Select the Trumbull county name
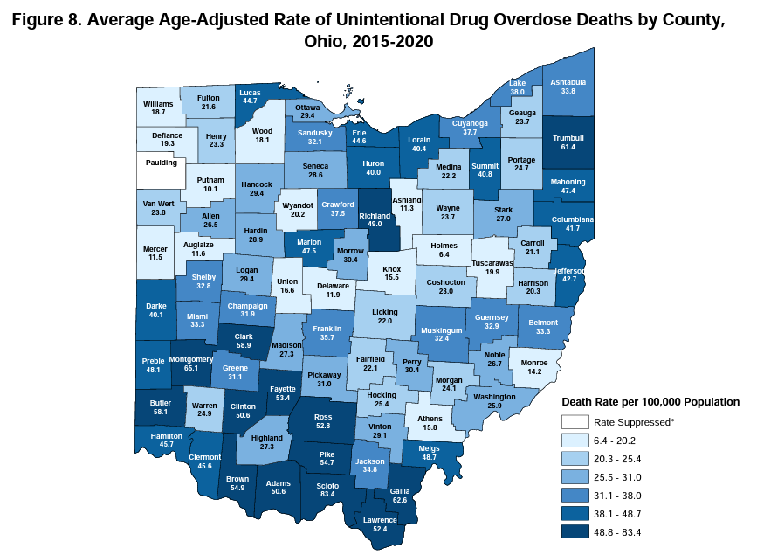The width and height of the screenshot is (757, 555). [568, 137]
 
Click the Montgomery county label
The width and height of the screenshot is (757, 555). [189, 359]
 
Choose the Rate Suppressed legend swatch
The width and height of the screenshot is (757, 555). [574, 421]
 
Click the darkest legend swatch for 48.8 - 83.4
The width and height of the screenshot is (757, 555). [574, 531]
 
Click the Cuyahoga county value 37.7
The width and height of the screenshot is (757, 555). [476, 133]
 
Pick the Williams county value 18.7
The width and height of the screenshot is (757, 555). [158, 112]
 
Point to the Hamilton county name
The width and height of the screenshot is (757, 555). [165, 435]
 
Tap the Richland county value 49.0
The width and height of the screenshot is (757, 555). [374, 223]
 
